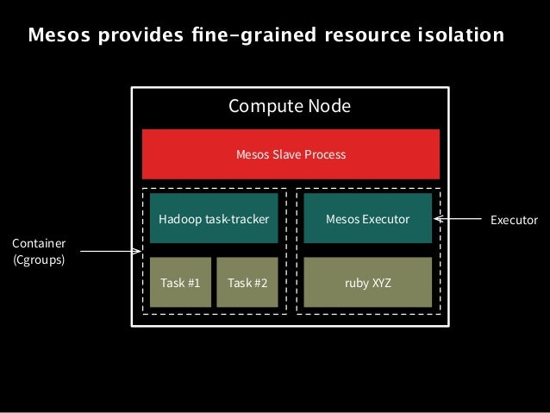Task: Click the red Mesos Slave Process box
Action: (291, 154)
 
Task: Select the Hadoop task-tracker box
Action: (208, 219)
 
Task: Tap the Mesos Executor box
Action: (367, 219)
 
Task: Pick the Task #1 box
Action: (180, 282)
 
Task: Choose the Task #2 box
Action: (247, 282)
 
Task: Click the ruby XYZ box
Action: (367, 282)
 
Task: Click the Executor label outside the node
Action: (514, 220)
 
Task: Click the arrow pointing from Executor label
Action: (457, 220)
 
